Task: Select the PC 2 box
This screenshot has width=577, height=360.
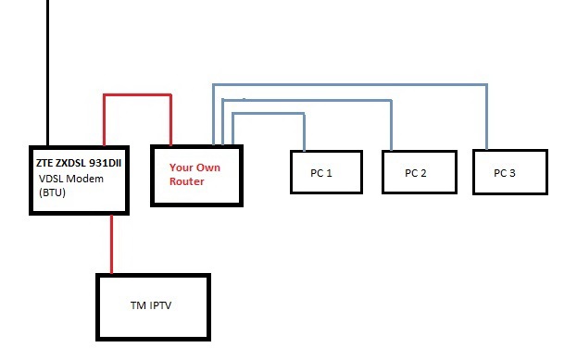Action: click(x=419, y=172)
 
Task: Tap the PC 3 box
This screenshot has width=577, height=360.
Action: click(x=509, y=172)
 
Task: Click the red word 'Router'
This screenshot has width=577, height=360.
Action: click(x=186, y=181)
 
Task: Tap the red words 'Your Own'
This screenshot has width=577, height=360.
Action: click(x=192, y=168)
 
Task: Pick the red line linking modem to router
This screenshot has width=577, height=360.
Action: click(x=137, y=94)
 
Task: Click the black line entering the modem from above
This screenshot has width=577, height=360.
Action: click(x=44, y=74)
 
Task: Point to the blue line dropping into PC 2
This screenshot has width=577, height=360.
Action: click(x=390, y=125)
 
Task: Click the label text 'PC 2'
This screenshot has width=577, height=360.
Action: click(x=418, y=173)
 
